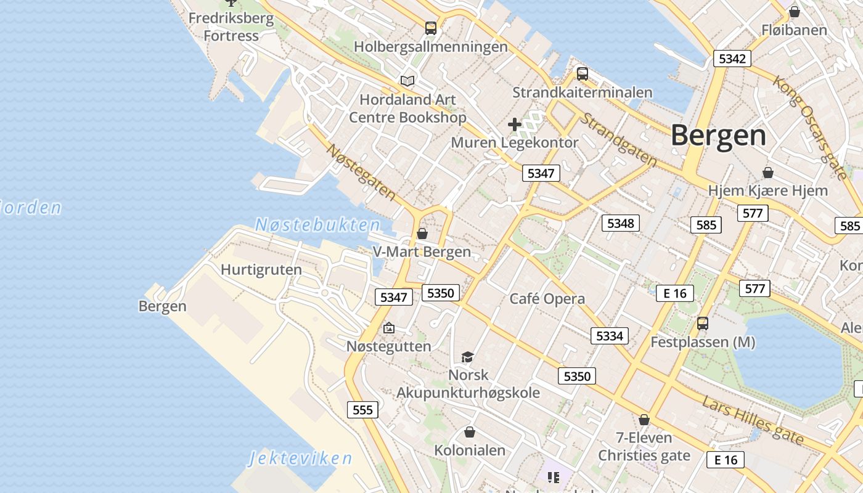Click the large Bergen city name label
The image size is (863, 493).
pos(718,135)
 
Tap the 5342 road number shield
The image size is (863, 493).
pos(732,59)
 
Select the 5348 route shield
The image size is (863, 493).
pos(620,223)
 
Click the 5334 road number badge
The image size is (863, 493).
pos(610,336)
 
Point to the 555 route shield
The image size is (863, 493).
pos(362,410)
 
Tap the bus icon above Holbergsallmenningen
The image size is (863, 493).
pos(431,28)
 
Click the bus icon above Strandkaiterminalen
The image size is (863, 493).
pos(583,75)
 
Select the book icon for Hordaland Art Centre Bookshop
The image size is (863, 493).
pos(407,81)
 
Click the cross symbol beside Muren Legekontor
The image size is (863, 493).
pos(515,125)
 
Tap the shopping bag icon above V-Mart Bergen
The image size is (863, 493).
pos(422,234)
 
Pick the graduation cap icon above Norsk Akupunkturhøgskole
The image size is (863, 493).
pos(467,357)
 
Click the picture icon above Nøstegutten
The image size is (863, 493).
pos(388,328)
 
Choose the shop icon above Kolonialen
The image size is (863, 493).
pos(470,432)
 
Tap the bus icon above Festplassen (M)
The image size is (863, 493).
pos(703,324)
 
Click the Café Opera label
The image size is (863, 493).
pos(547,299)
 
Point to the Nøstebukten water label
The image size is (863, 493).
pos(317,225)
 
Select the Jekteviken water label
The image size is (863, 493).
pos(300,458)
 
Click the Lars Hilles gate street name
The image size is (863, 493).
pos(753,421)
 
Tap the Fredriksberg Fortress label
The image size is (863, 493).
pos(231,26)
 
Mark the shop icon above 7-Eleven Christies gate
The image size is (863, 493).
pos(644,420)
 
